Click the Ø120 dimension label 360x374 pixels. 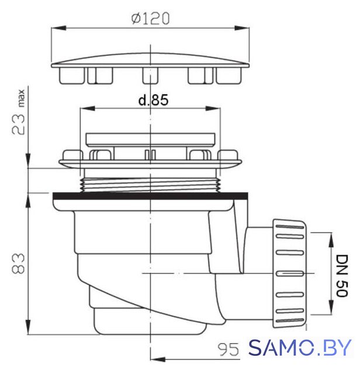pos(151,18)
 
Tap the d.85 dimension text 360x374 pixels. pos(153,100)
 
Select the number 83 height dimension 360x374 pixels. pos(18,263)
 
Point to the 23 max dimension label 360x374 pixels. pos(18,112)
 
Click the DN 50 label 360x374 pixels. pos(342,276)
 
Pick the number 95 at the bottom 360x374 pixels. pos(228,350)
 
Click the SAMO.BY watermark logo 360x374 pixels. pos(300,348)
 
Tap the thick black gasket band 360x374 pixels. pos(150,196)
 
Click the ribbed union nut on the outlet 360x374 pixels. pos(290,273)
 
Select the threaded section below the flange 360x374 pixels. pos(150,185)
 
